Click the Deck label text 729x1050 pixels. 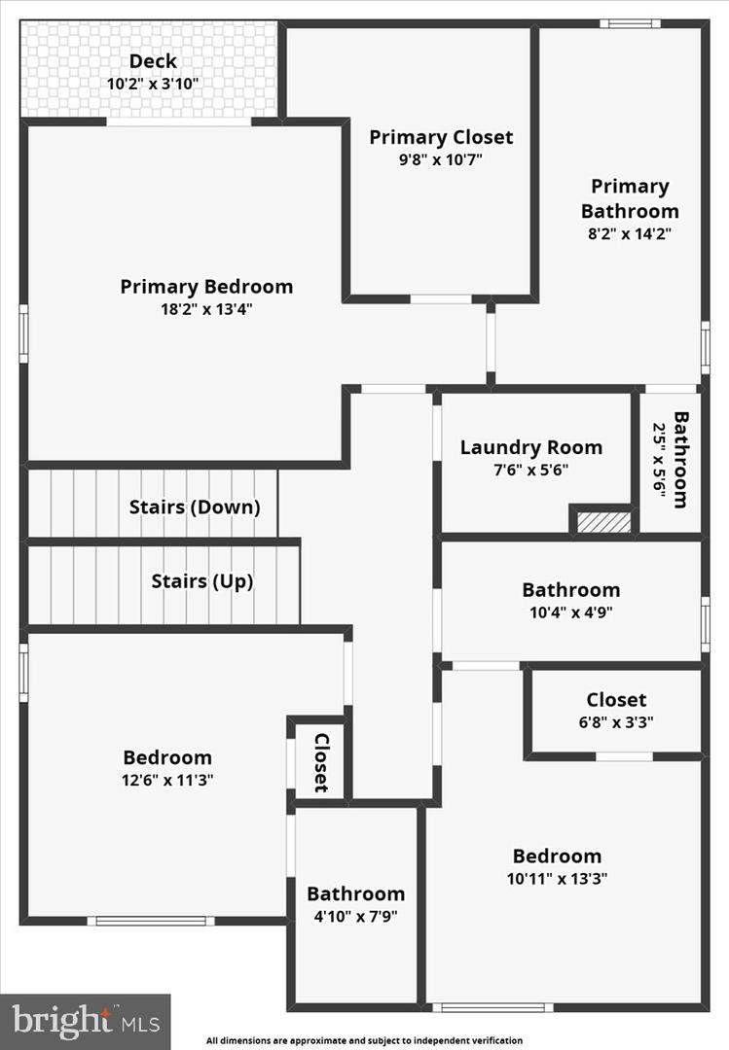(x=153, y=62)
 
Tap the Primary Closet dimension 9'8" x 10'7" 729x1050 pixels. (x=440, y=160)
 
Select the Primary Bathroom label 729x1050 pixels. (x=630, y=198)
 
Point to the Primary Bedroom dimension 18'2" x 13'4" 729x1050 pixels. (x=206, y=309)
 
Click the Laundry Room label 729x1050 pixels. (x=530, y=447)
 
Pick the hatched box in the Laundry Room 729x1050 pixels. (x=603, y=522)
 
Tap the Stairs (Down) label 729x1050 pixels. (x=195, y=507)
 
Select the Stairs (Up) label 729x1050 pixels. (x=201, y=581)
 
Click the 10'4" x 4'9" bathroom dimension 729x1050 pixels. (x=570, y=612)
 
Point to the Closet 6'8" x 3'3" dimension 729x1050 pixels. (x=615, y=722)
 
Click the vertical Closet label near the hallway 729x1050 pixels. (x=320, y=762)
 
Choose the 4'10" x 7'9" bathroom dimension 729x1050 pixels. (x=355, y=916)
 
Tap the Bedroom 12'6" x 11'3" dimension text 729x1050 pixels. (x=166, y=780)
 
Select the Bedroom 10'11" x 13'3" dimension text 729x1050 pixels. (x=557, y=878)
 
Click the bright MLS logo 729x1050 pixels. (x=86, y=1021)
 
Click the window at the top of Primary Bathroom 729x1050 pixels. (x=630, y=23)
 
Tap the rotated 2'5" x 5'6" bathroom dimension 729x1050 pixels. (x=659, y=460)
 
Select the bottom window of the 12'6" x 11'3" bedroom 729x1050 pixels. (x=151, y=920)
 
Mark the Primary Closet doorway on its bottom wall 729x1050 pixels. (x=441, y=298)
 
